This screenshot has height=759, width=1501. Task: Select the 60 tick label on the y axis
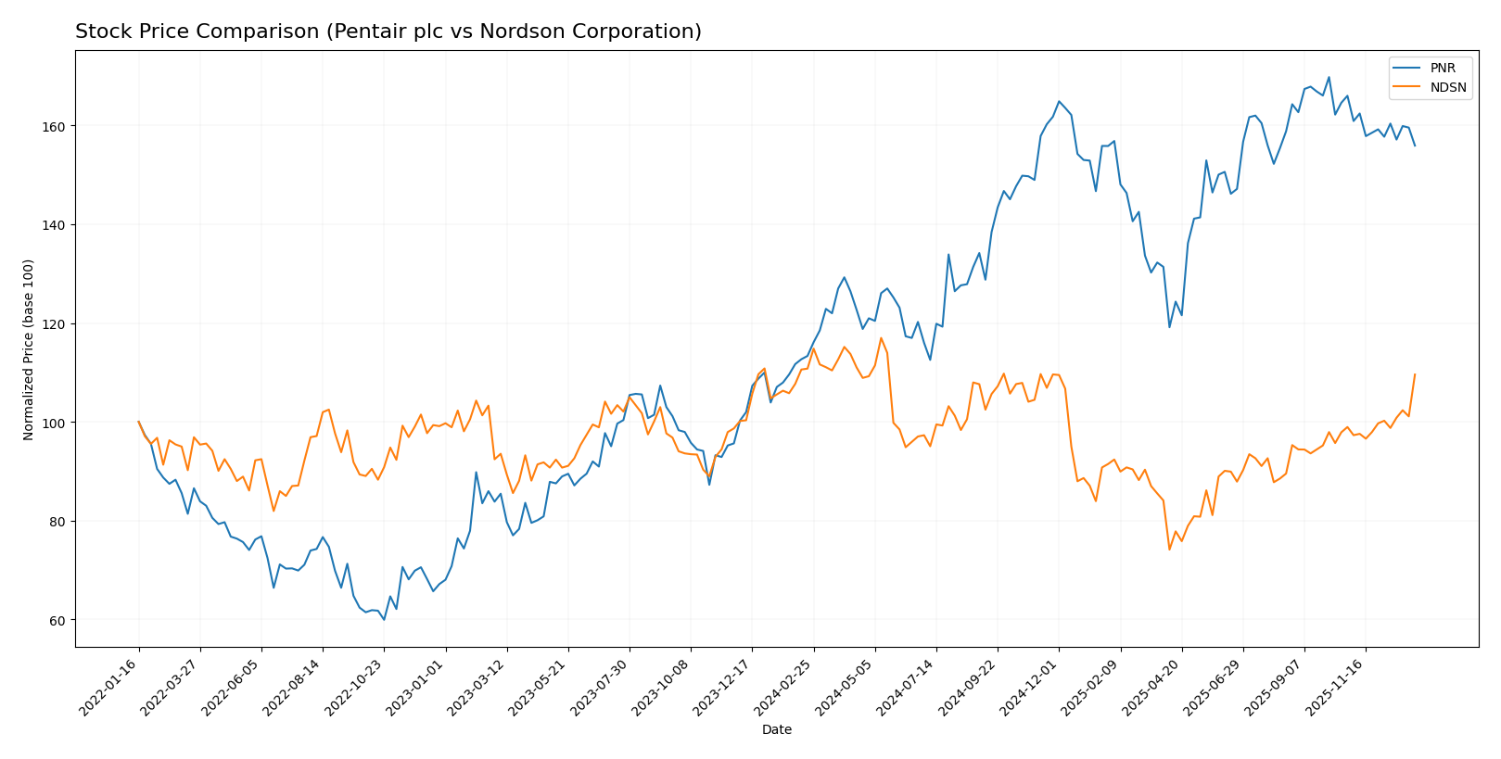pos(58,620)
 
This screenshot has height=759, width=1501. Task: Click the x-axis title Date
pos(776,730)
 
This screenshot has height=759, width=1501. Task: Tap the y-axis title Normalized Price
pos(29,349)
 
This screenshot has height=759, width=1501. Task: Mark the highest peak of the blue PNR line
pos(1329,77)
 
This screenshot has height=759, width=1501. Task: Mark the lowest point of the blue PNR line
pos(384,619)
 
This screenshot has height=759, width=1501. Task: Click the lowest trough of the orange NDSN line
pos(1169,550)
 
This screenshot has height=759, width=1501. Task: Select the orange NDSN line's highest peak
pos(881,337)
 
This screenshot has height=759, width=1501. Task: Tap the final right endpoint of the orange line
pos(1415,374)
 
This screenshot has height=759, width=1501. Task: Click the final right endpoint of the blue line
pos(1415,145)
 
